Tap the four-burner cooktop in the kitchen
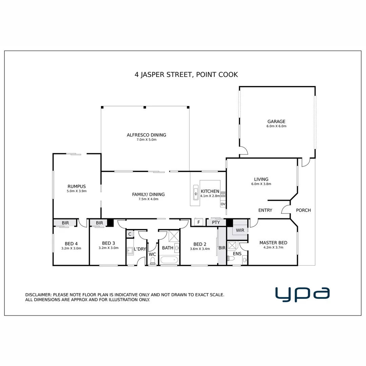(223, 194)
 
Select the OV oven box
(223, 204)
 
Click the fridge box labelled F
(198, 223)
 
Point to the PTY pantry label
(216, 223)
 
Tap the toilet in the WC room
(152, 260)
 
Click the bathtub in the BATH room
(169, 260)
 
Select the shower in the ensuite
(232, 245)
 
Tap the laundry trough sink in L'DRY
(130, 251)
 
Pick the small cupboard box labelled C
(129, 234)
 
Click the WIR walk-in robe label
(240, 230)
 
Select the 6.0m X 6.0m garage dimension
(276, 126)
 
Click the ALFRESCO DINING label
(146, 135)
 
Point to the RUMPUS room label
(77, 186)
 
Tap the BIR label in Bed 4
(65, 223)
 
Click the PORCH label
(303, 210)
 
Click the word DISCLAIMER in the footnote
(38, 295)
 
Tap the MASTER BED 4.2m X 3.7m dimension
(273, 247)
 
